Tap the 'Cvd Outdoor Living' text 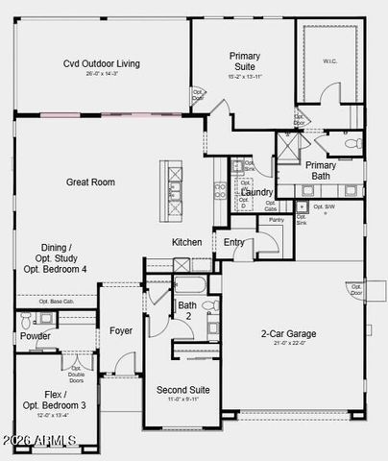point(102,63)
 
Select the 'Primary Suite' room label point(244,61)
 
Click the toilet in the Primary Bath point(352,144)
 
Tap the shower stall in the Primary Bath point(288,148)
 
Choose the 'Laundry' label point(256,192)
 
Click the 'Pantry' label point(276,220)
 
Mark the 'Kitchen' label point(186,242)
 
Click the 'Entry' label point(233,242)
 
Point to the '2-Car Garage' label point(289,334)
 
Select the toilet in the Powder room point(27,321)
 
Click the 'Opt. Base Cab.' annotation point(56,302)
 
